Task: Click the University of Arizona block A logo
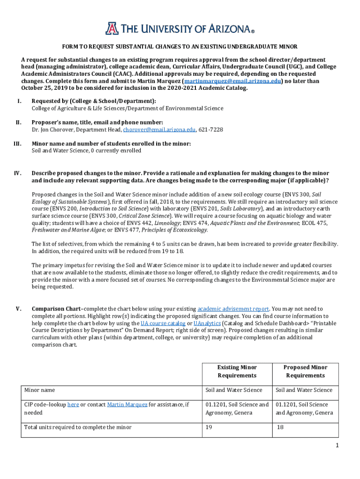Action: coord(112,29)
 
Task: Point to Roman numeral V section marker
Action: coord(18,309)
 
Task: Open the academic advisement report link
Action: coord(233,309)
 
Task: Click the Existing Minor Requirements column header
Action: coord(237,371)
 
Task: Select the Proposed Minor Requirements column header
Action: coord(306,371)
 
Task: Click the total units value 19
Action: coord(209,427)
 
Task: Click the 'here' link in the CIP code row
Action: coord(72,405)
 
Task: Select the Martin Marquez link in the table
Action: coord(127,405)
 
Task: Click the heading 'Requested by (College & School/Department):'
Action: coord(94,101)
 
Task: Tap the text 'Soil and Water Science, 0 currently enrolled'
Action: coord(86,151)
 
